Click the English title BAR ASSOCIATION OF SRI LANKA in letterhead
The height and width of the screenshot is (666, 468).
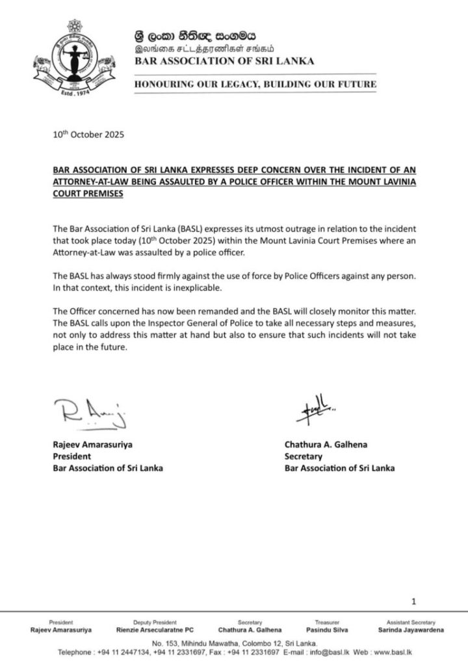click(x=224, y=60)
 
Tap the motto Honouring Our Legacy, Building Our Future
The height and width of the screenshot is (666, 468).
click(x=255, y=85)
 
